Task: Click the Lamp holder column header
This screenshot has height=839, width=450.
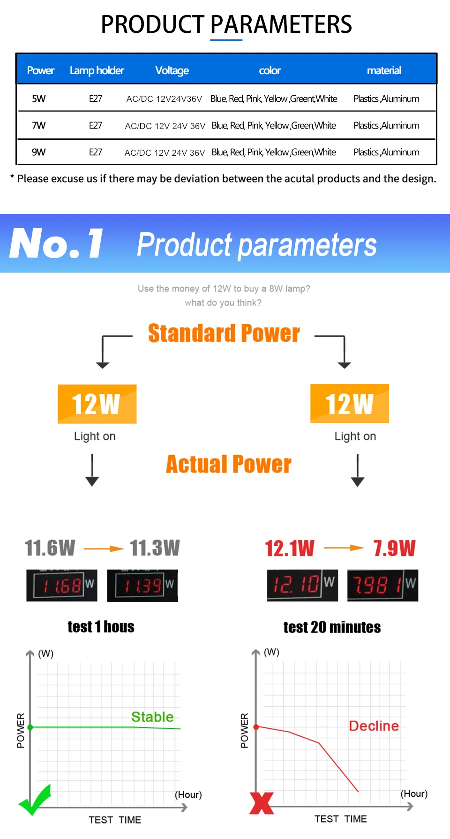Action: pos(97,70)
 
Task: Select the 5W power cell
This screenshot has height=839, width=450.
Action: pos(38,99)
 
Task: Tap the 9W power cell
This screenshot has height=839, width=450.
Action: pos(38,152)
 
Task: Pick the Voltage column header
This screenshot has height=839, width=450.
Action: pos(172,70)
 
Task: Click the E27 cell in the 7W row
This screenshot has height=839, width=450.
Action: pos(96,125)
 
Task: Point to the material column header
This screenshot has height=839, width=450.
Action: pos(384,70)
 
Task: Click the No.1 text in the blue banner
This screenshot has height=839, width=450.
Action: pos(56,243)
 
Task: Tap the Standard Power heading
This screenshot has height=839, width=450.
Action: pos(224,333)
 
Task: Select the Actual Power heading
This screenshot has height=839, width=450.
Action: pos(229,464)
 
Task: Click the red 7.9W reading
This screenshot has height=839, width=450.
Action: pos(395,548)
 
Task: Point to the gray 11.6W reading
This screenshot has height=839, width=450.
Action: pos(50,548)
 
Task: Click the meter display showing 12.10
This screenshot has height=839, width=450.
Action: pos(302,585)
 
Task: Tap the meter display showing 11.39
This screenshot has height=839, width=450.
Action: pos(142,585)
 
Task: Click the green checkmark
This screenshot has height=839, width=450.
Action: pos(34,800)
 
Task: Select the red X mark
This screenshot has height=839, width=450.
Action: pos(262,803)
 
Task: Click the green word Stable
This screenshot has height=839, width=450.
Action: pos(152,717)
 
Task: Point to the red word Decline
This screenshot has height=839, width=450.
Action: pos(374,726)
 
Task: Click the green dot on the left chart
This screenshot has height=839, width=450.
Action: pos(30,727)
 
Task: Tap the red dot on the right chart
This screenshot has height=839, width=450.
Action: pos(256,727)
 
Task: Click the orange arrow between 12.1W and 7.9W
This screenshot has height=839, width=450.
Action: pos(344,548)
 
